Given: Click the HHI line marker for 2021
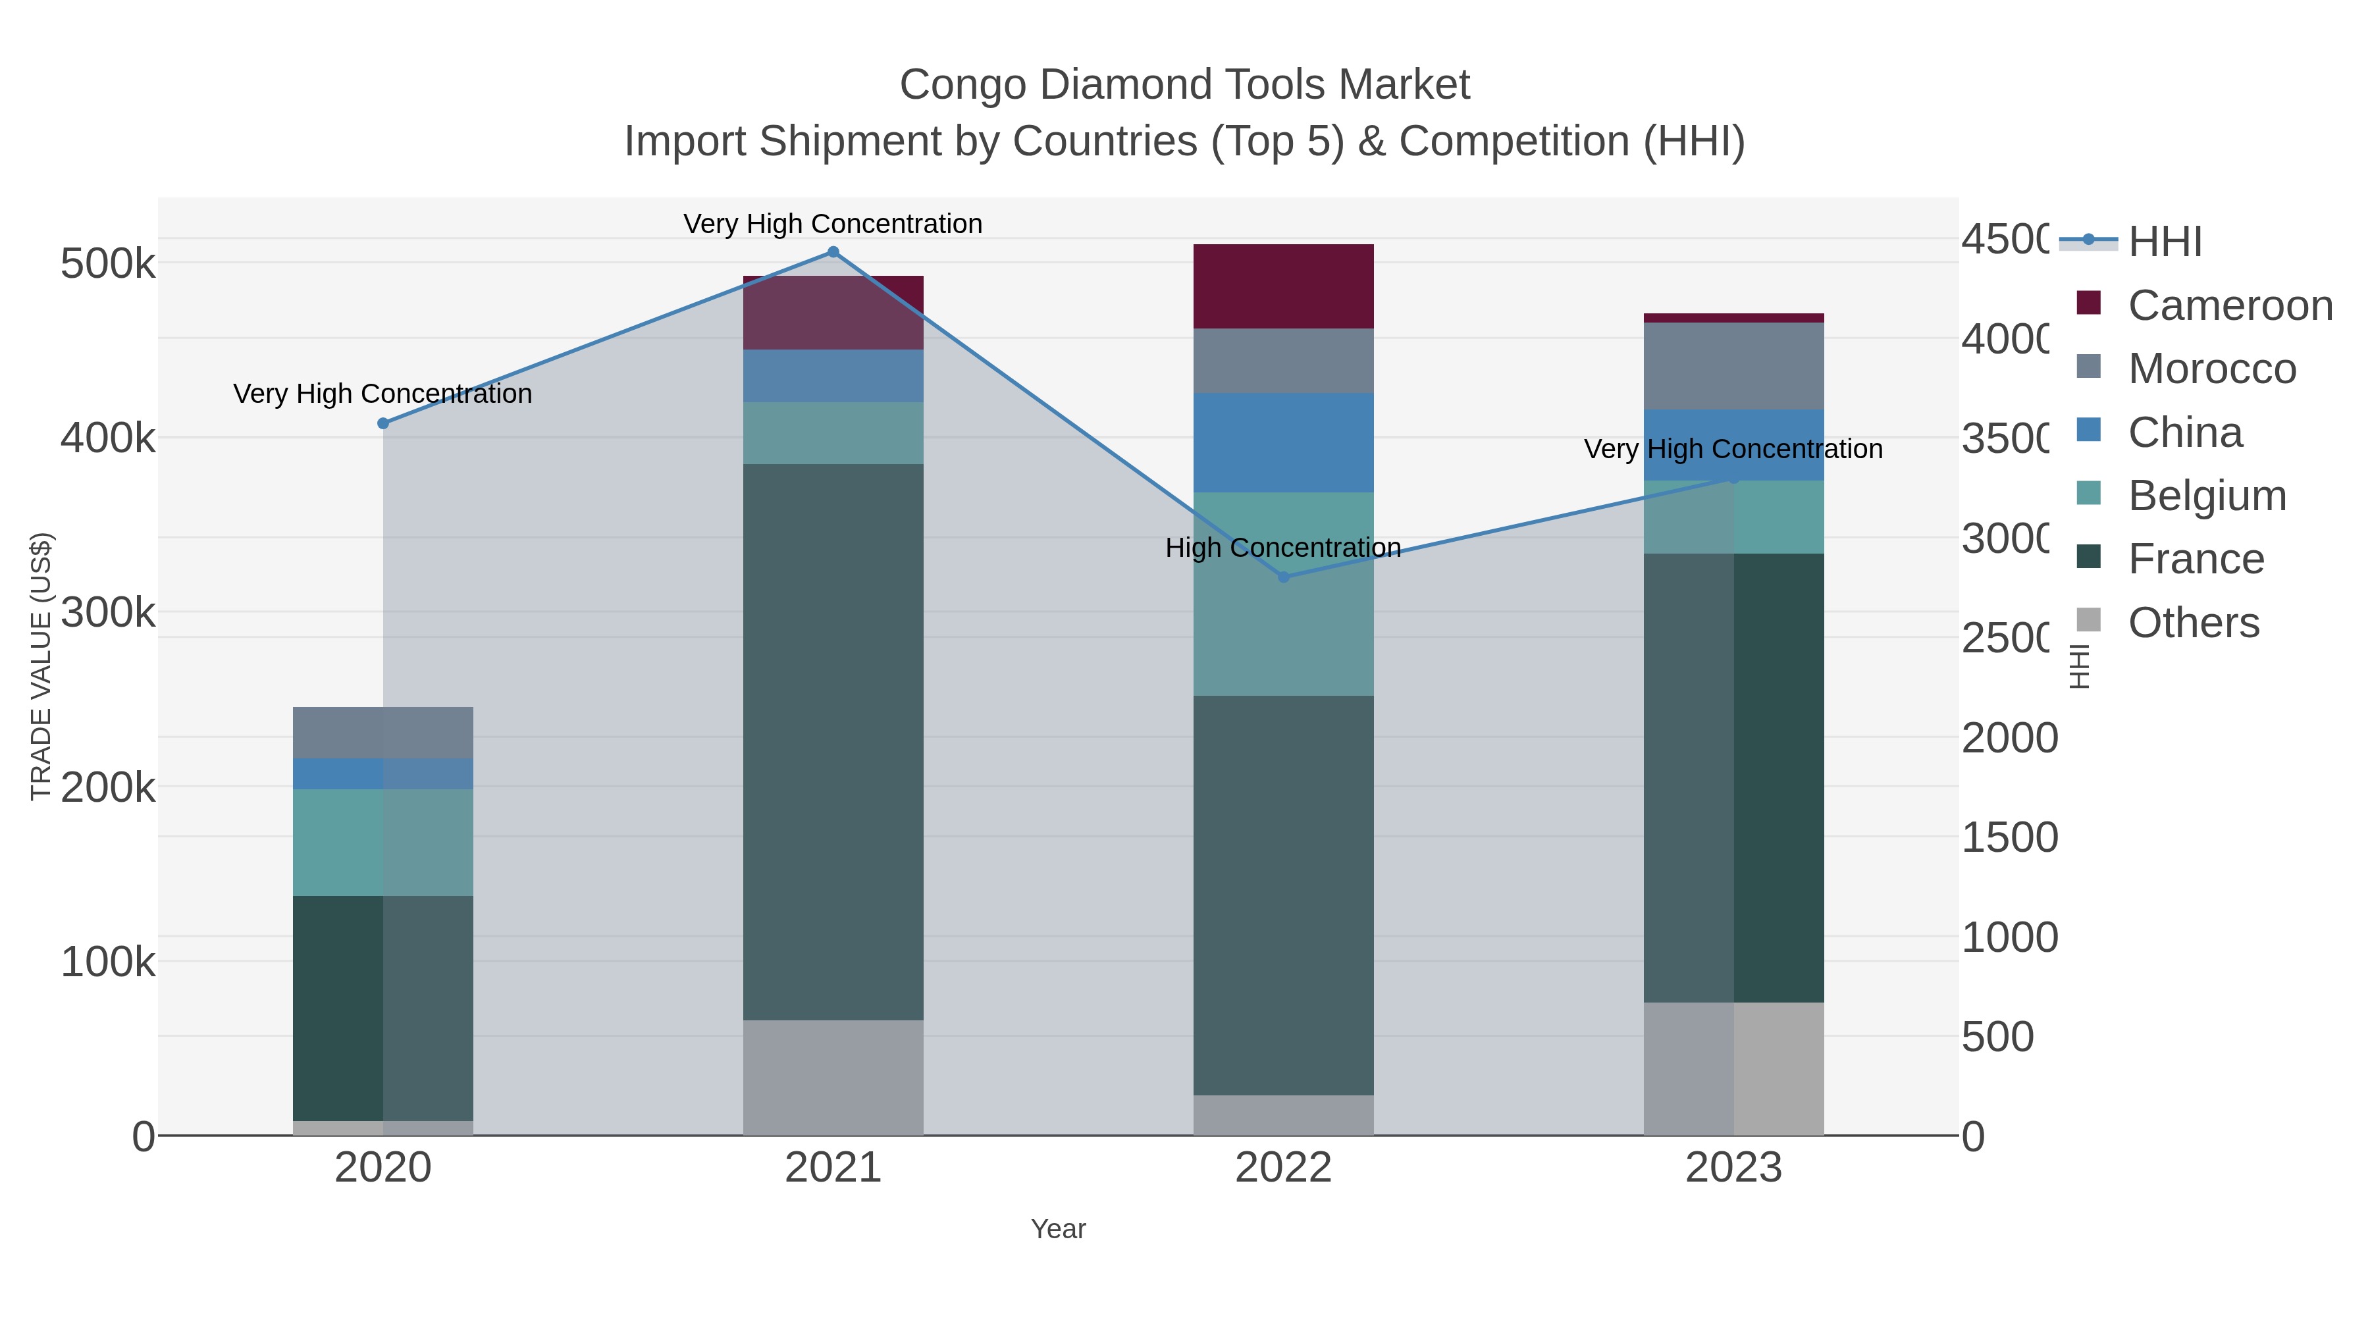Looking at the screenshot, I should point(833,252).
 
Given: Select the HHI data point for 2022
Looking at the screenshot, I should point(1284,577).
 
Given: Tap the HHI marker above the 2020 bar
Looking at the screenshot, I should point(384,423).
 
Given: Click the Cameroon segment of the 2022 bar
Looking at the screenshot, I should point(1284,286).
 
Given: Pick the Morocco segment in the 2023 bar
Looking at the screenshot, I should point(1733,365).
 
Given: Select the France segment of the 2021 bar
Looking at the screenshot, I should point(833,741).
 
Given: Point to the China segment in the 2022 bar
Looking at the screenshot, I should point(1284,442).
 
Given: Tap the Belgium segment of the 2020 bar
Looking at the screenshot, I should point(384,842).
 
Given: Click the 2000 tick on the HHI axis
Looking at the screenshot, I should point(2009,738).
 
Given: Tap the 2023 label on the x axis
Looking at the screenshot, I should point(1733,1168).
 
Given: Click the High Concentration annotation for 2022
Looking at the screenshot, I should point(1284,548).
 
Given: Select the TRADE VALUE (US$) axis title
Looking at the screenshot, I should point(41,666).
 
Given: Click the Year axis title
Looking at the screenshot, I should point(1058,1229).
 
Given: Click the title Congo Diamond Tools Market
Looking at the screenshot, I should point(1184,85).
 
